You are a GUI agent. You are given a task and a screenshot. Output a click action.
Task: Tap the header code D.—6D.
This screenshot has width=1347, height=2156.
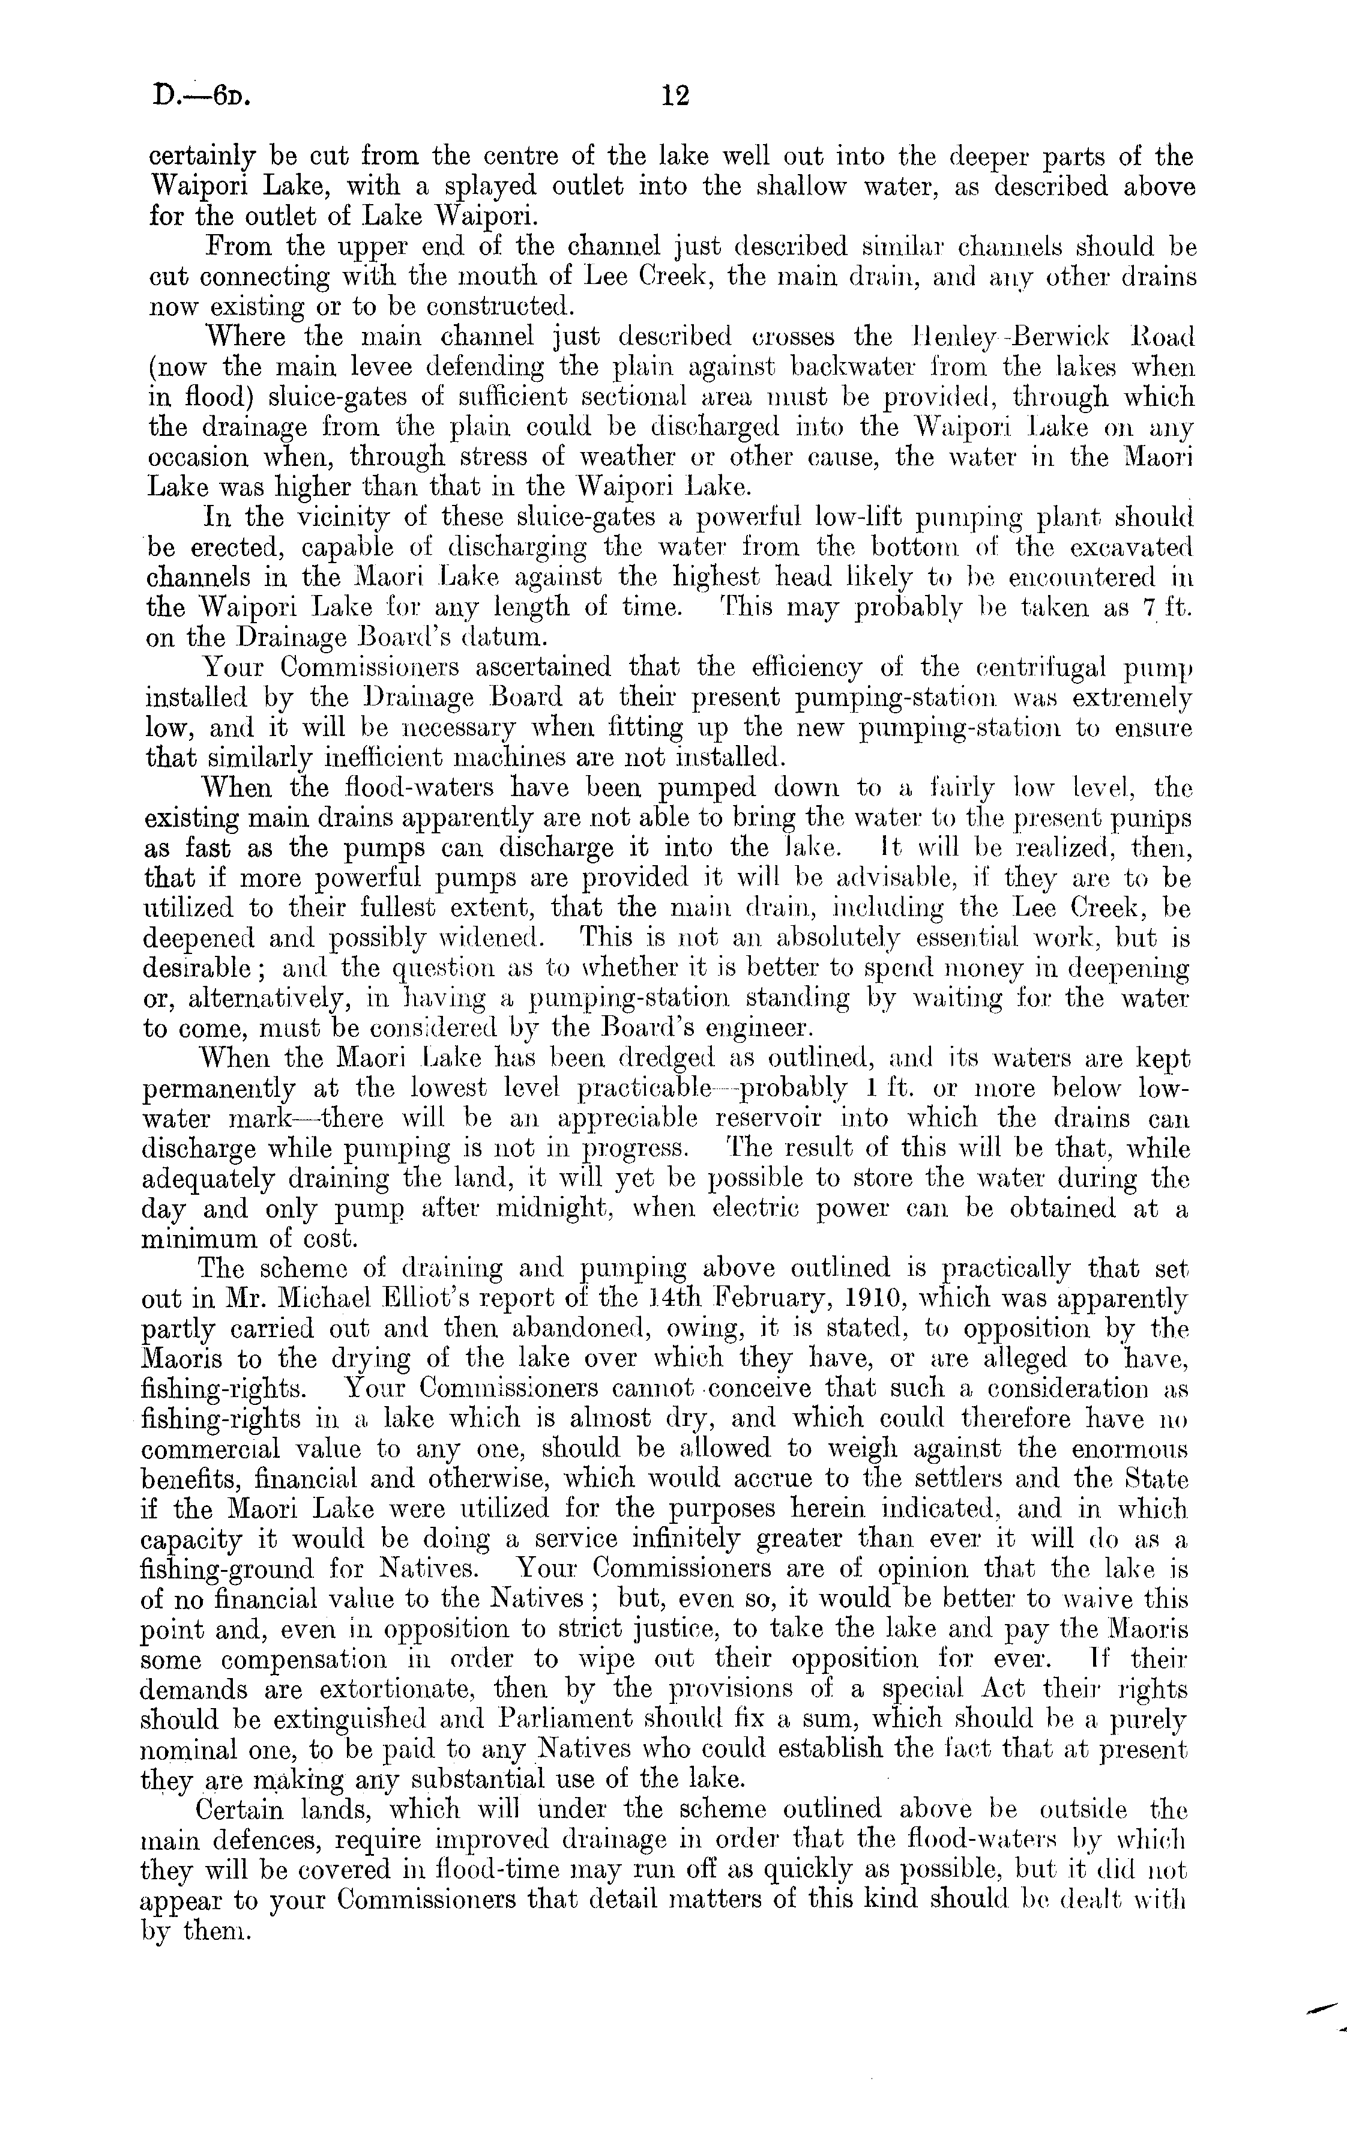200,96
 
